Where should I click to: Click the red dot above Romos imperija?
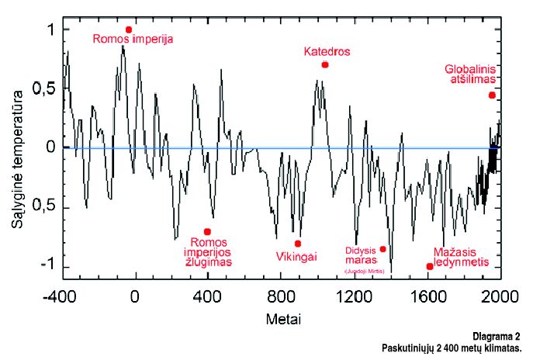pos(129,29)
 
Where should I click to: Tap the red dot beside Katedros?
pos(325,64)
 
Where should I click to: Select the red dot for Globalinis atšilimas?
pos(492,95)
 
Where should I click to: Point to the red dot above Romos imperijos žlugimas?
pos(207,231)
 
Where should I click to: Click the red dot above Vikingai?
pos(298,244)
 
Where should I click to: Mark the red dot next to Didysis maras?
pos(382,249)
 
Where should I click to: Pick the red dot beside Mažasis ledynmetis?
pos(430,266)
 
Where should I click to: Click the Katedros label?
pos(327,51)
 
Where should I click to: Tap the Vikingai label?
pos(296,256)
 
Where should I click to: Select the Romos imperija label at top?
pos(133,38)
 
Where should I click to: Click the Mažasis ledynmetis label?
pos(460,257)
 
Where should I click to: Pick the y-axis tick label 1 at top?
pos(48,29)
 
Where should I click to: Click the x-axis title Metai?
pos(282,319)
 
